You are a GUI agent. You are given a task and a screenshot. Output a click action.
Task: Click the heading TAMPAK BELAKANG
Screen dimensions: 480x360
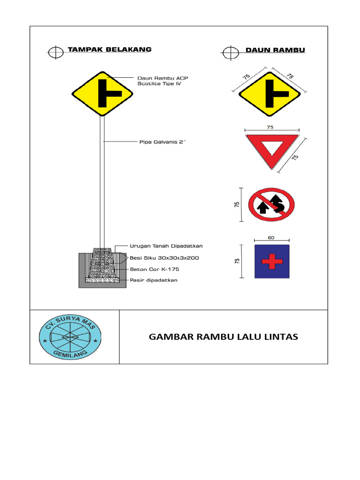[110, 49]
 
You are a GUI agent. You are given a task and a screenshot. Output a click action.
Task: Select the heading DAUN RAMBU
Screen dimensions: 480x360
[275, 50]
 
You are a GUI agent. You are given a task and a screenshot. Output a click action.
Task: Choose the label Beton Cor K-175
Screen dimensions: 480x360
[154, 270]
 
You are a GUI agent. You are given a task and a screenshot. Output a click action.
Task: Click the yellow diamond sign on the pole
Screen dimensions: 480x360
[102, 93]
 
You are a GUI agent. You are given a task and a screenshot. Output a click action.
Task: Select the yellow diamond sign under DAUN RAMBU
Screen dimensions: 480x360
[270, 94]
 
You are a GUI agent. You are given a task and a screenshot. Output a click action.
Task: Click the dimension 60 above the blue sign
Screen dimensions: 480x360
[271, 238]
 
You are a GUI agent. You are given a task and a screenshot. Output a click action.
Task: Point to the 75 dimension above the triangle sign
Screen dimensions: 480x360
[270, 127]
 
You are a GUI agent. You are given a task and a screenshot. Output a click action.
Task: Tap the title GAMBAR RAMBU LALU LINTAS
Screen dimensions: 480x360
[223, 337]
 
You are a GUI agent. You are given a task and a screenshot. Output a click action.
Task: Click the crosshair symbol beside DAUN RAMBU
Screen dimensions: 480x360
[230, 52]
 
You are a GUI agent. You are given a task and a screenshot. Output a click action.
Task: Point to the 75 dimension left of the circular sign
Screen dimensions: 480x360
[237, 204]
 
